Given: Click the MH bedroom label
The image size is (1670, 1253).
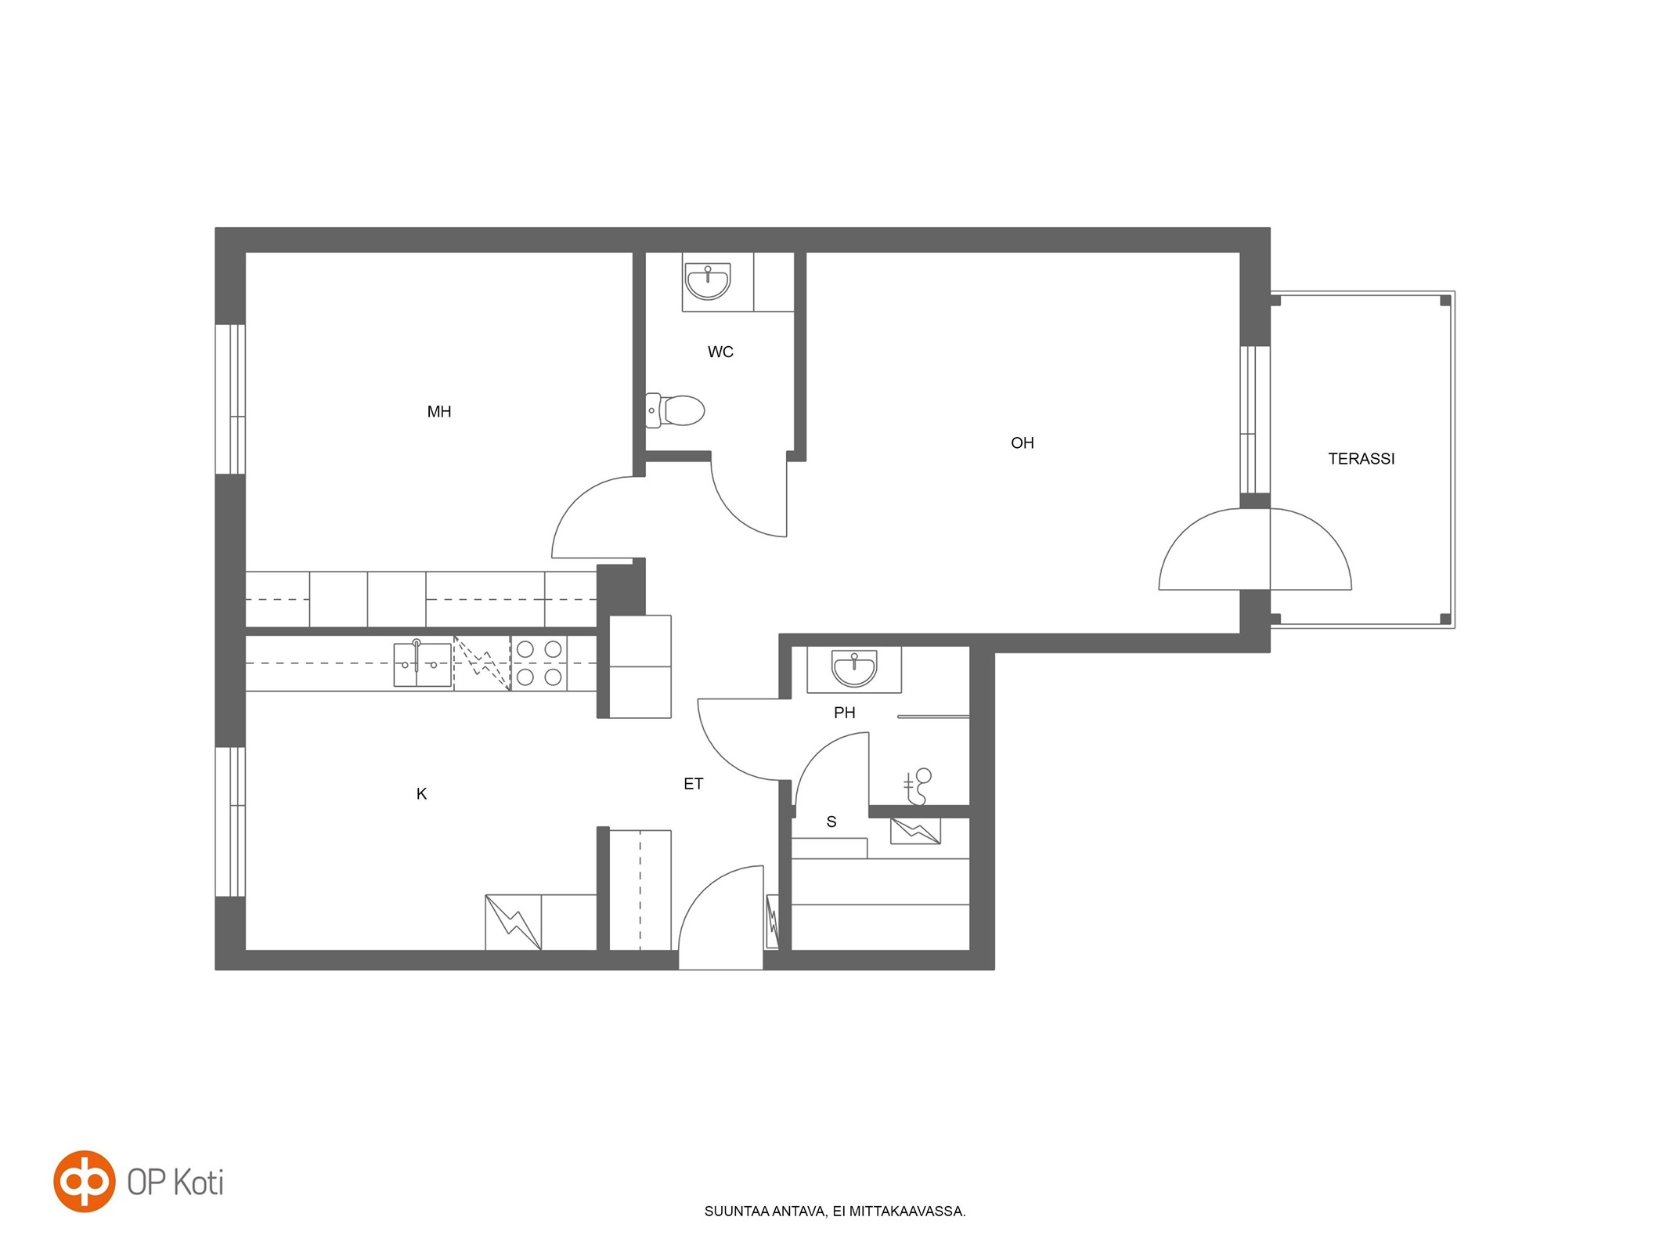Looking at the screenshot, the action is click(438, 412).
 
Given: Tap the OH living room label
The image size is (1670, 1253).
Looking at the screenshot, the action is click(1022, 443).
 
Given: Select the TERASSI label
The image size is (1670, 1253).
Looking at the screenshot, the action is click(1361, 459).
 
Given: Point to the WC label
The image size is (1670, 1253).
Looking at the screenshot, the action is click(720, 352).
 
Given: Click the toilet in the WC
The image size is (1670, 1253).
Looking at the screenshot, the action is click(675, 410).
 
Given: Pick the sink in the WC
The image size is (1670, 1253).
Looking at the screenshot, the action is click(708, 281).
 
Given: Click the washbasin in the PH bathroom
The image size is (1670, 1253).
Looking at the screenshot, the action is click(854, 670).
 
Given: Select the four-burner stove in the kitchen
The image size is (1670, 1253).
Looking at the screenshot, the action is click(539, 663).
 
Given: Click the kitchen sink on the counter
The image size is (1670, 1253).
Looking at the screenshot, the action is click(422, 664).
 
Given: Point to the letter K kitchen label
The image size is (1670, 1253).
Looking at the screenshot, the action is click(421, 794).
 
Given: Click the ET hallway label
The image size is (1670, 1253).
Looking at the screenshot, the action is click(693, 784).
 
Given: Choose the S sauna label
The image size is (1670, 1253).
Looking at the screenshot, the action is click(831, 822).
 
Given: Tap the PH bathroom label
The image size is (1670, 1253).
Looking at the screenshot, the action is click(844, 713).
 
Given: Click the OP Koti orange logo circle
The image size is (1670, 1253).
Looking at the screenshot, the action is click(84, 1181).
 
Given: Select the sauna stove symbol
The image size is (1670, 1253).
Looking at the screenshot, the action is click(915, 831).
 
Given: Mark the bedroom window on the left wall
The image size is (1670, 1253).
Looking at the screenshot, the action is click(231, 399).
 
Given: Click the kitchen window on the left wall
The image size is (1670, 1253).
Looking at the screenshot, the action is click(231, 821).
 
